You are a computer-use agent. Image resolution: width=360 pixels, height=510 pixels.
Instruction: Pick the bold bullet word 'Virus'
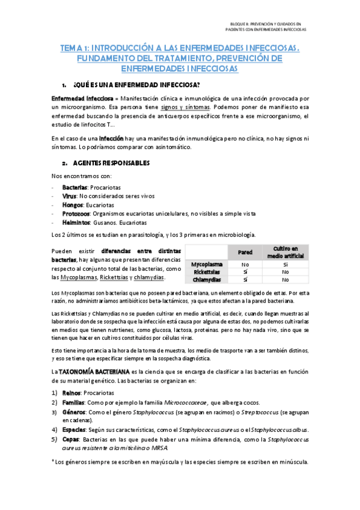coord(69,196)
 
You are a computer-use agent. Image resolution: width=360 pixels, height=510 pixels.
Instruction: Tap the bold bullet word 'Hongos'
coord(72,204)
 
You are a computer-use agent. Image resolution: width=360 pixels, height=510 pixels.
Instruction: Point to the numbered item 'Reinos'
coord(72,392)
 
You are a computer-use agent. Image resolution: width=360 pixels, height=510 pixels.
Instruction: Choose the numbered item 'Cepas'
coord(71,439)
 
